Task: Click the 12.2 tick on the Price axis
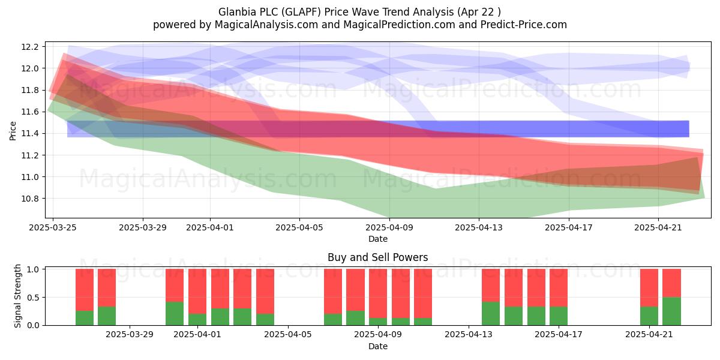[29, 47]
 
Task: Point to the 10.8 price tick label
[29, 199]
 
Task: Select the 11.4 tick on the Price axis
[29, 134]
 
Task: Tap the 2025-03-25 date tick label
[53, 227]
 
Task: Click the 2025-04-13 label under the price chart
[479, 227]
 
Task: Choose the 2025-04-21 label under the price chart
[658, 227]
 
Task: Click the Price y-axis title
[13, 131]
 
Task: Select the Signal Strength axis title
[17, 296]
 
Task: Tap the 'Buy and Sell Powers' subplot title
[377, 257]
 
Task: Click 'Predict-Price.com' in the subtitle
[523, 25]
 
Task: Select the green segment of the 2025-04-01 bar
[197, 319]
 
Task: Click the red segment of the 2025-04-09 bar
[377, 293]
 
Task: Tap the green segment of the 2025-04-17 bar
[559, 316]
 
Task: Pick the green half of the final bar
[671, 311]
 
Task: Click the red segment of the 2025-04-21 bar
[649, 287]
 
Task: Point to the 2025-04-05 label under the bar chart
[287, 335]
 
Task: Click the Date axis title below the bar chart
[377, 347]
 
